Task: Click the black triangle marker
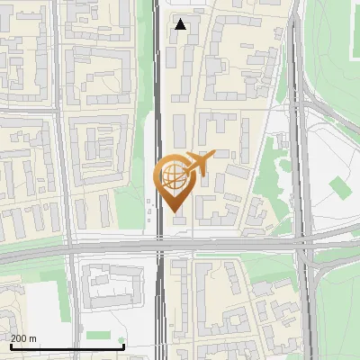coord(181,24)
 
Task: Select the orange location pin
coord(174,181)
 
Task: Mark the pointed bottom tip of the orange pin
coord(174,211)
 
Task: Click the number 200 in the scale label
coord(19,339)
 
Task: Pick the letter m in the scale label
coord(33,339)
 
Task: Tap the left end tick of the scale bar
coord(10,346)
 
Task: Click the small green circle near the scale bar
coord(121,339)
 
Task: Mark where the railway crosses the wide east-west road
coord(159,247)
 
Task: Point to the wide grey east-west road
coord(90,250)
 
